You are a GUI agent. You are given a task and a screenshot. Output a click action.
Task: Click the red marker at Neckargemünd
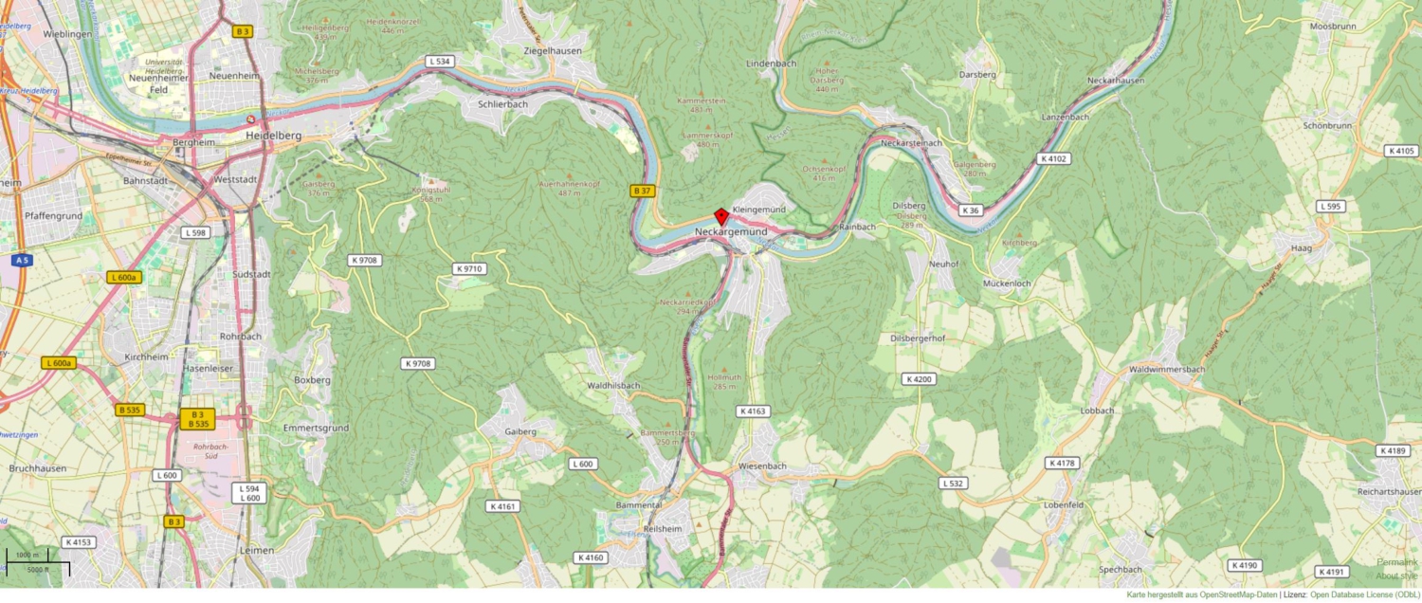pyautogui.click(x=720, y=215)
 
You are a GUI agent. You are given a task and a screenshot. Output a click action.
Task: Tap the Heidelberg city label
pyautogui.click(x=273, y=136)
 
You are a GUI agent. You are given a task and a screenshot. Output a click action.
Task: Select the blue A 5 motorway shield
pyautogui.click(x=21, y=259)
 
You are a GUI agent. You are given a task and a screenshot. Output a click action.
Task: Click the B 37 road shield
pyautogui.click(x=642, y=191)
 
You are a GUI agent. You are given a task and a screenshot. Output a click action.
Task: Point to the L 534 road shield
pyautogui.click(x=439, y=62)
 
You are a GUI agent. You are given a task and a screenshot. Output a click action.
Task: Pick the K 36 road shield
pyautogui.click(x=969, y=210)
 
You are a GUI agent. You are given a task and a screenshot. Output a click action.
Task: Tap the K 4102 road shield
pyautogui.click(x=1052, y=158)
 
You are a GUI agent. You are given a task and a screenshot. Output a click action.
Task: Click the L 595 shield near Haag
pyautogui.click(x=1330, y=206)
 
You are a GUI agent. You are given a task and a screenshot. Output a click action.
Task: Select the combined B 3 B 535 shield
pyautogui.click(x=197, y=419)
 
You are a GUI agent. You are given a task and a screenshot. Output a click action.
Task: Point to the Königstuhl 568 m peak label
pyautogui.click(x=428, y=193)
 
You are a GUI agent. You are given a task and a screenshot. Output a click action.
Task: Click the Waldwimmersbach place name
pyautogui.click(x=1166, y=370)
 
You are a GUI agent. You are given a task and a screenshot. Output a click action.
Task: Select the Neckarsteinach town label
pyautogui.click(x=911, y=142)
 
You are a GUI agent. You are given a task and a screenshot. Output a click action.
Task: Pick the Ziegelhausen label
pyautogui.click(x=553, y=50)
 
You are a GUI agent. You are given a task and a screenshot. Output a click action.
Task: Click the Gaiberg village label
pyautogui.click(x=520, y=431)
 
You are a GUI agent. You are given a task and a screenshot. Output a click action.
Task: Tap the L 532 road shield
pyautogui.click(x=955, y=483)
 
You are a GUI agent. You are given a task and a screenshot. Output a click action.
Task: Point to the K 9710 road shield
pyautogui.click(x=470, y=269)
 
